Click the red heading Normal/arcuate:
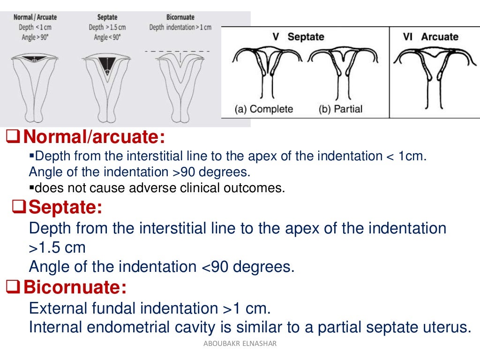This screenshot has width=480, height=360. pos(94,137)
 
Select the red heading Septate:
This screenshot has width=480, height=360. pos(65,207)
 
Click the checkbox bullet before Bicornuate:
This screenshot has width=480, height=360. pos(13,286)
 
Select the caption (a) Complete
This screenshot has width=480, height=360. pos(264,109)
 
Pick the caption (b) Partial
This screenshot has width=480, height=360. pos(341,109)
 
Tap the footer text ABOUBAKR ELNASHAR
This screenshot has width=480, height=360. pos(240,344)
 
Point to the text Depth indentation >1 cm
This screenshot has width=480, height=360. pos(180,27)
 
